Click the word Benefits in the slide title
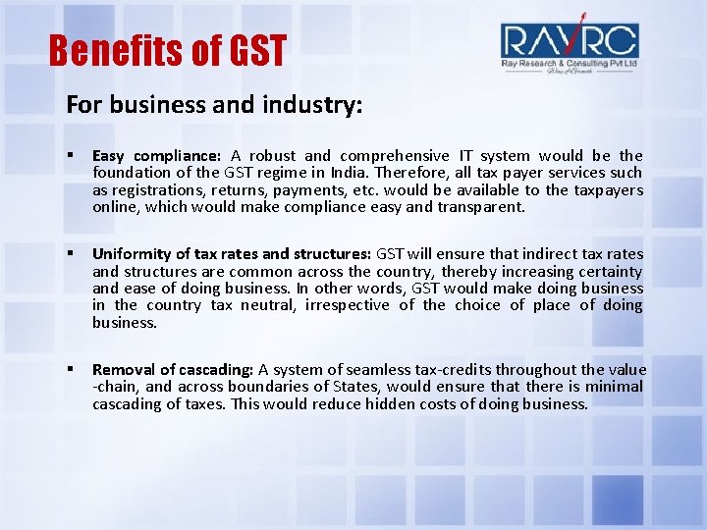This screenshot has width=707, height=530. tap(106, 50)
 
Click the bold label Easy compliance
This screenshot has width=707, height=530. tap(156, 156)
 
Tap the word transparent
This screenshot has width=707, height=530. tap(478, 207)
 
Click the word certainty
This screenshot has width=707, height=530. tap(609, 271)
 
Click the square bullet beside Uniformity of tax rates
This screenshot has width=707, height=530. tap(72, 254)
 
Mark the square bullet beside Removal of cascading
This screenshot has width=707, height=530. tap(72, 370)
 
